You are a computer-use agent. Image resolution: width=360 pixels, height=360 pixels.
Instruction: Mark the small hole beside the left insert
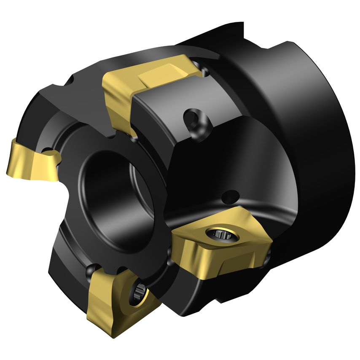tap(48, 150)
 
